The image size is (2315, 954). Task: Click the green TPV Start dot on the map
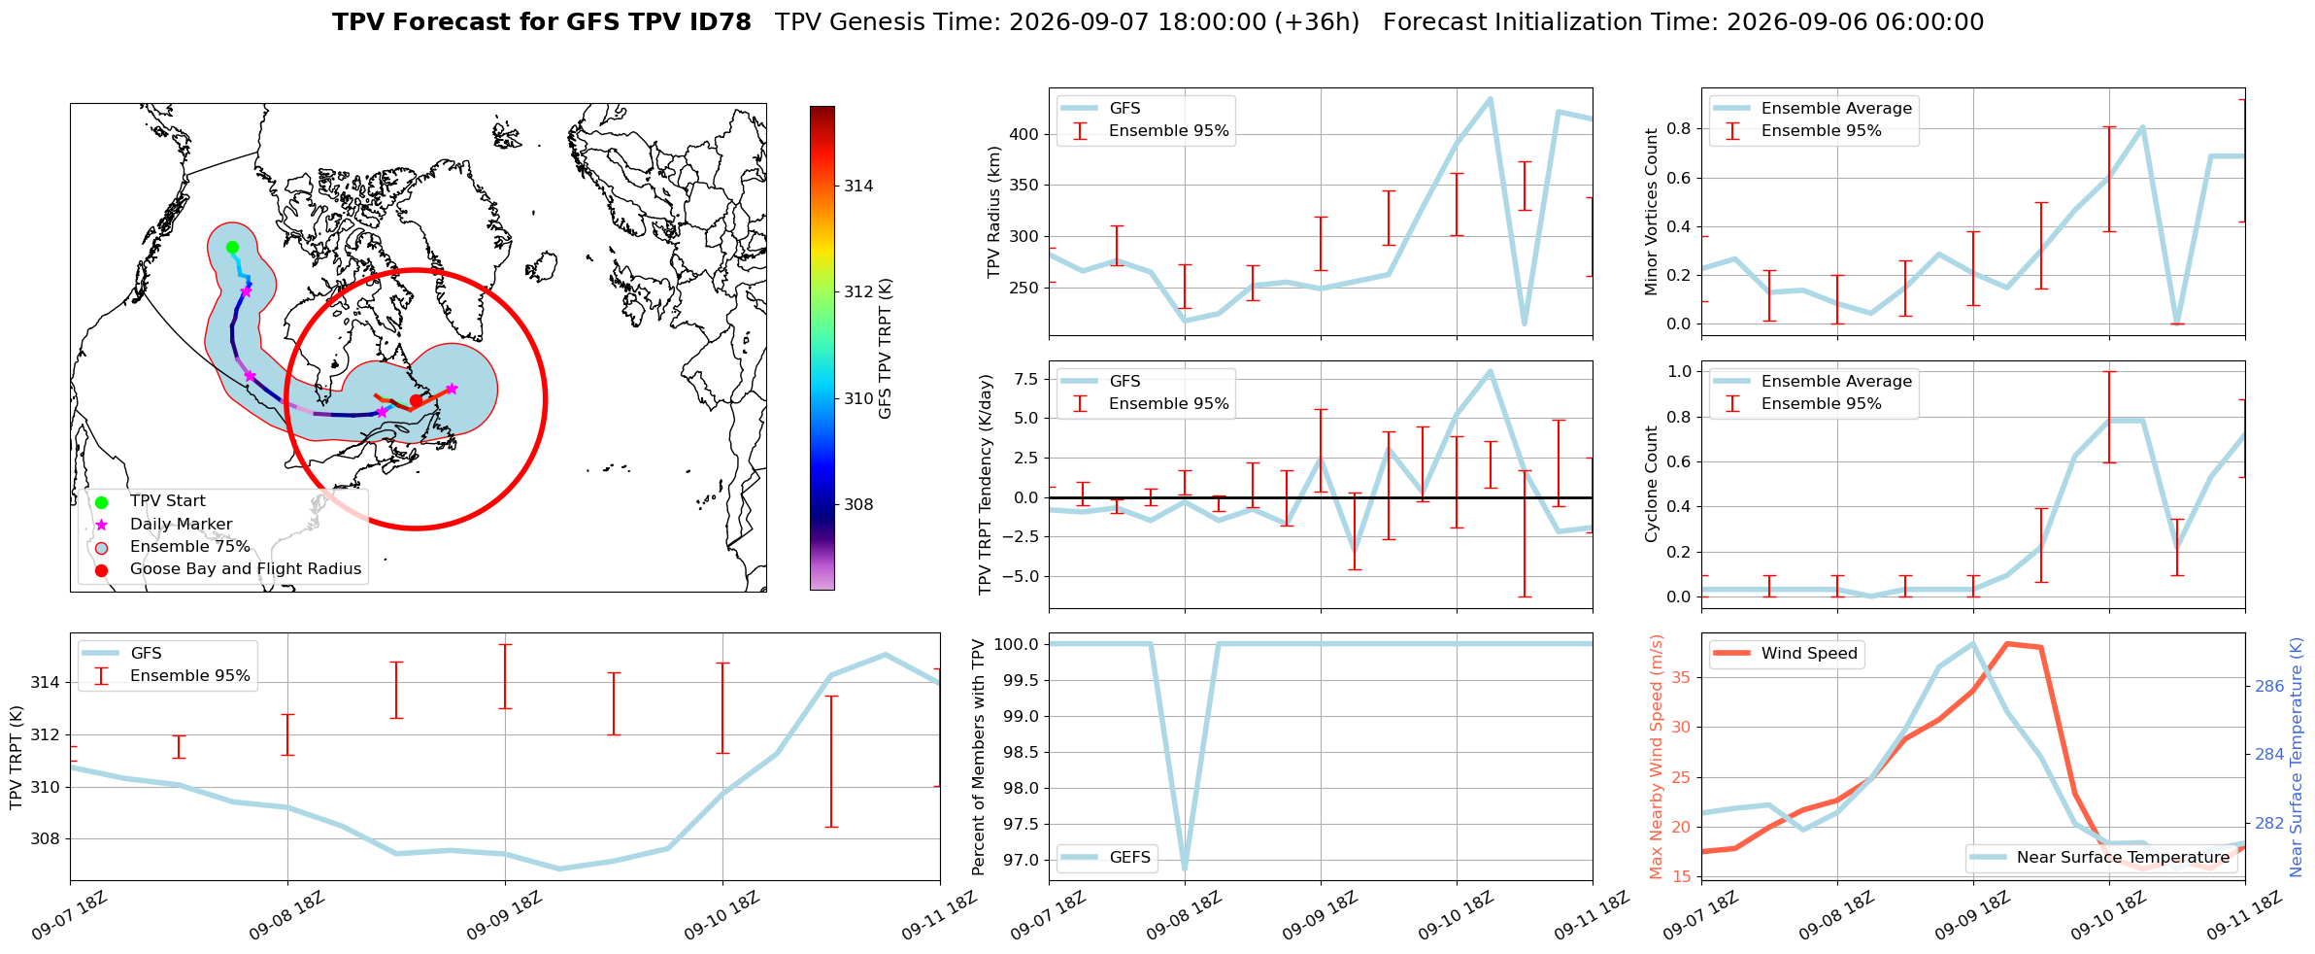pos(232,247)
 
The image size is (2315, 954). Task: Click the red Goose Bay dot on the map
pos(416,400)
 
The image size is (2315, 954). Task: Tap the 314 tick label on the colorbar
pos(858,186)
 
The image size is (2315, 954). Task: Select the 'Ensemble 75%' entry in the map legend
pos(190,547)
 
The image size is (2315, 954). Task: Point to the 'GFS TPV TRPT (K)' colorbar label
pos(885,349)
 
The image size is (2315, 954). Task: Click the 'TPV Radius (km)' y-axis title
pos(993,212)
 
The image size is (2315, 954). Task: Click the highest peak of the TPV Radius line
pos(1490,98)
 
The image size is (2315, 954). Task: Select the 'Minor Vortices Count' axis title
pos(1651,212)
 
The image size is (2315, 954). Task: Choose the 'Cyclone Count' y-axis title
pos(1651,484)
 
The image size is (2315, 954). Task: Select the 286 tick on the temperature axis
pos(2269,686)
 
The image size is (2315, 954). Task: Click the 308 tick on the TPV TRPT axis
pos(45,838)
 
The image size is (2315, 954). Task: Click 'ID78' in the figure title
pos(717,22)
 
